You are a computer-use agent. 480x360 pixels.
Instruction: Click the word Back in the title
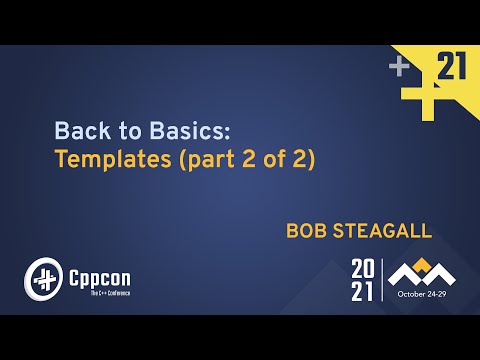pyautogui.click(x=77, y=130)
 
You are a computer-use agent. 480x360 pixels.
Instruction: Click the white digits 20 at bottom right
pyautogui.click(x=363, y=269)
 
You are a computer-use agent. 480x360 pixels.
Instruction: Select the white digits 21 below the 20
pyautogui.click(x=363, y=291)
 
